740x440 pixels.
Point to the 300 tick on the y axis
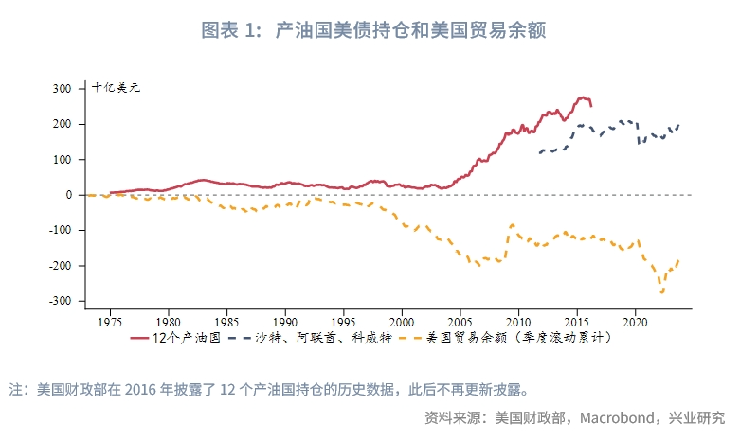pos(63,89)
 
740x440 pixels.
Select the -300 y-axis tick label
pos(60,301)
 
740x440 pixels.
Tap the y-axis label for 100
pos(63,160)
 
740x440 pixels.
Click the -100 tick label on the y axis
pos(60,230)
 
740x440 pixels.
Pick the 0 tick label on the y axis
pos(69,195)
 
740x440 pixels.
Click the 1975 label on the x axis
pos(111,320)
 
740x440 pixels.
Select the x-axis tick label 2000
pos(402,320)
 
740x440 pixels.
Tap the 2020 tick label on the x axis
pos(634,320)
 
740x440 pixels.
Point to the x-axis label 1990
pos(285,320)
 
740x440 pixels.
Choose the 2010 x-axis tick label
pos(518,320)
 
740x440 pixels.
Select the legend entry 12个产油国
pos(186,337)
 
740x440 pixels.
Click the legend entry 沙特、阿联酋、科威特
pos(331,337)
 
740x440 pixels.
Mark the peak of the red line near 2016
pos(585,97)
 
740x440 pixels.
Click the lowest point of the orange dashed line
pos(662,292)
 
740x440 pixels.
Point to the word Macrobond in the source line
pos(609,417)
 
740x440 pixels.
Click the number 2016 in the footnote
pos(141,389)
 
